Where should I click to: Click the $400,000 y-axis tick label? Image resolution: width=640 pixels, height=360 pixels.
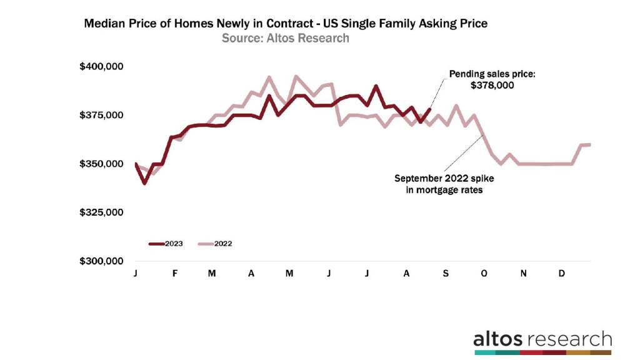coord(102,66)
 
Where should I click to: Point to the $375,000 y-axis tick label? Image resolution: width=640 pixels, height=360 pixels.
coord(102,115)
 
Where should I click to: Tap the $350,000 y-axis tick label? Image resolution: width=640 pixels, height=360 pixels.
coord(102,164)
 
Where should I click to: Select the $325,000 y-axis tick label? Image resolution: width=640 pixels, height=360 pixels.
coord(102,212)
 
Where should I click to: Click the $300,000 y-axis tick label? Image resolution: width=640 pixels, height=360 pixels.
coord(102,261)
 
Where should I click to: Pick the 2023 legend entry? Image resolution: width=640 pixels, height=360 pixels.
coord(166,244)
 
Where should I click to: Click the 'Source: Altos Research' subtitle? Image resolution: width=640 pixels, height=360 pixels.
coord(285,39)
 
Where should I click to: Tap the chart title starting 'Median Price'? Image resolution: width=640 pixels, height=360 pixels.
coord(285,24)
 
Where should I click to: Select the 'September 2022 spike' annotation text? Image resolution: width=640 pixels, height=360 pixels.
coord(448,184)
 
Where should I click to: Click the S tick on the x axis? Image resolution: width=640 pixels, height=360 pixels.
coord(446,274)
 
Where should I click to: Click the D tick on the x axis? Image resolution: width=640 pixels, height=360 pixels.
coord(562,274)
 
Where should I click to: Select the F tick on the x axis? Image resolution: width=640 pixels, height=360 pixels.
coord(174,274)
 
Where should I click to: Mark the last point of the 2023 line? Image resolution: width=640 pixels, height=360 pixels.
coord(429,109)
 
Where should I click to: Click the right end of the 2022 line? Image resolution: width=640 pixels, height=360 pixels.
coord(590,144)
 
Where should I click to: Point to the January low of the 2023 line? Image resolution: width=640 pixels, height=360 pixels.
coord(145,183)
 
